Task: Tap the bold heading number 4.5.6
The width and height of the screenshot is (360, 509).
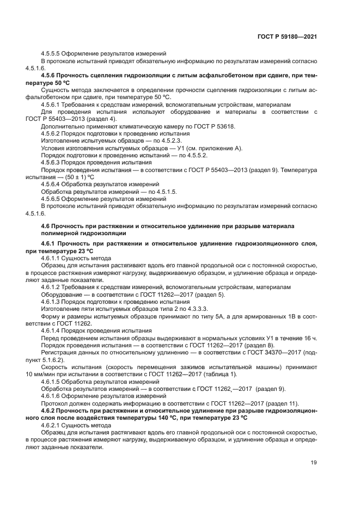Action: [x=52, y=75]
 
